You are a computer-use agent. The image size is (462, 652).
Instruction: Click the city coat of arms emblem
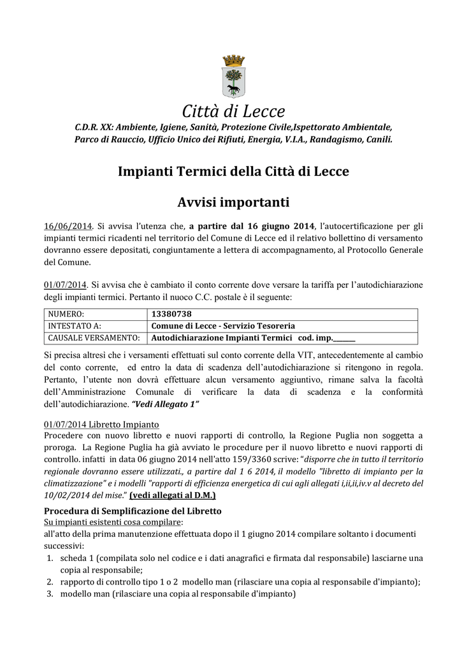tap(233, 76)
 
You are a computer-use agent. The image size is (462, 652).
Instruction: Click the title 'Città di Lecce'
tap(233, 111)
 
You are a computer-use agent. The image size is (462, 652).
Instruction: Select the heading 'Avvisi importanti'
tap(233, 202)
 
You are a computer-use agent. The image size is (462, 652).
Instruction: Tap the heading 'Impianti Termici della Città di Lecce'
tap(233, 171)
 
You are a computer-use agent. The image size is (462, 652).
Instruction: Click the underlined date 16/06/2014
tap(68, 226)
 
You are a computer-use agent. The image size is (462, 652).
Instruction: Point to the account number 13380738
tap(172, 314)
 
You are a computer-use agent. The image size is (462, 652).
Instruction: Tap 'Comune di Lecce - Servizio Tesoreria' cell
tap(223, 326)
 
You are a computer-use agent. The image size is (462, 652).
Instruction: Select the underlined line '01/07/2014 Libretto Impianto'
tap(101, 425)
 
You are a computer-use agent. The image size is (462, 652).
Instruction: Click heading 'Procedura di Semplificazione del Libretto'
tap(133, 511)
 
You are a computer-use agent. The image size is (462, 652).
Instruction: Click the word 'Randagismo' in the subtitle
tap(331, 138)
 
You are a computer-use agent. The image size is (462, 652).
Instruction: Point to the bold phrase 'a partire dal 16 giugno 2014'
tap(252, 226)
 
